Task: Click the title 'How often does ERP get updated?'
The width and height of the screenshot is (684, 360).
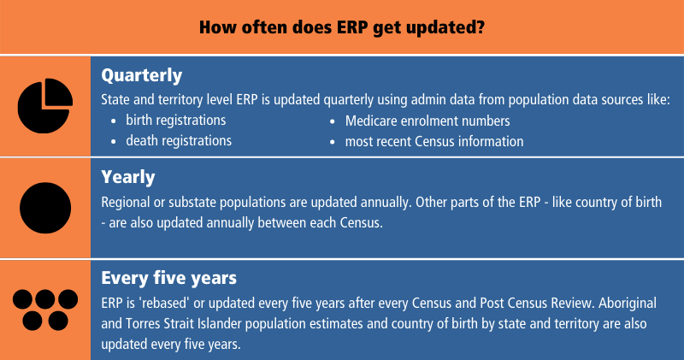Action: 342,27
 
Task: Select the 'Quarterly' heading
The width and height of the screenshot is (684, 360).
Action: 141,74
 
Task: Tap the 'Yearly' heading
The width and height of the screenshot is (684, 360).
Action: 128,177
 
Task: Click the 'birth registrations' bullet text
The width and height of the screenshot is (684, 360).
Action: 176,121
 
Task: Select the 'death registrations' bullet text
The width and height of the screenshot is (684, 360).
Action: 179,140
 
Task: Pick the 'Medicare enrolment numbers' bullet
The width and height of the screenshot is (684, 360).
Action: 427,121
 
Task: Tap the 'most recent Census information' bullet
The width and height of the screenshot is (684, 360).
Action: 433,140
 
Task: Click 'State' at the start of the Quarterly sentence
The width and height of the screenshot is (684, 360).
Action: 116,99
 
